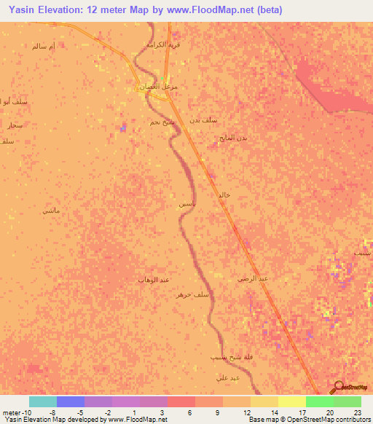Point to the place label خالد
point(224,195)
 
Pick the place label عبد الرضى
point(254,278)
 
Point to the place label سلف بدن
point(203,119)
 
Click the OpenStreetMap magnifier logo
point(338,388)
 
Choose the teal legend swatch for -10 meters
point(43,401)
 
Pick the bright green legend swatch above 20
point(320,401)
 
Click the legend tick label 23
point(356,413)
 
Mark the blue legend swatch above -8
point(71,401)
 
